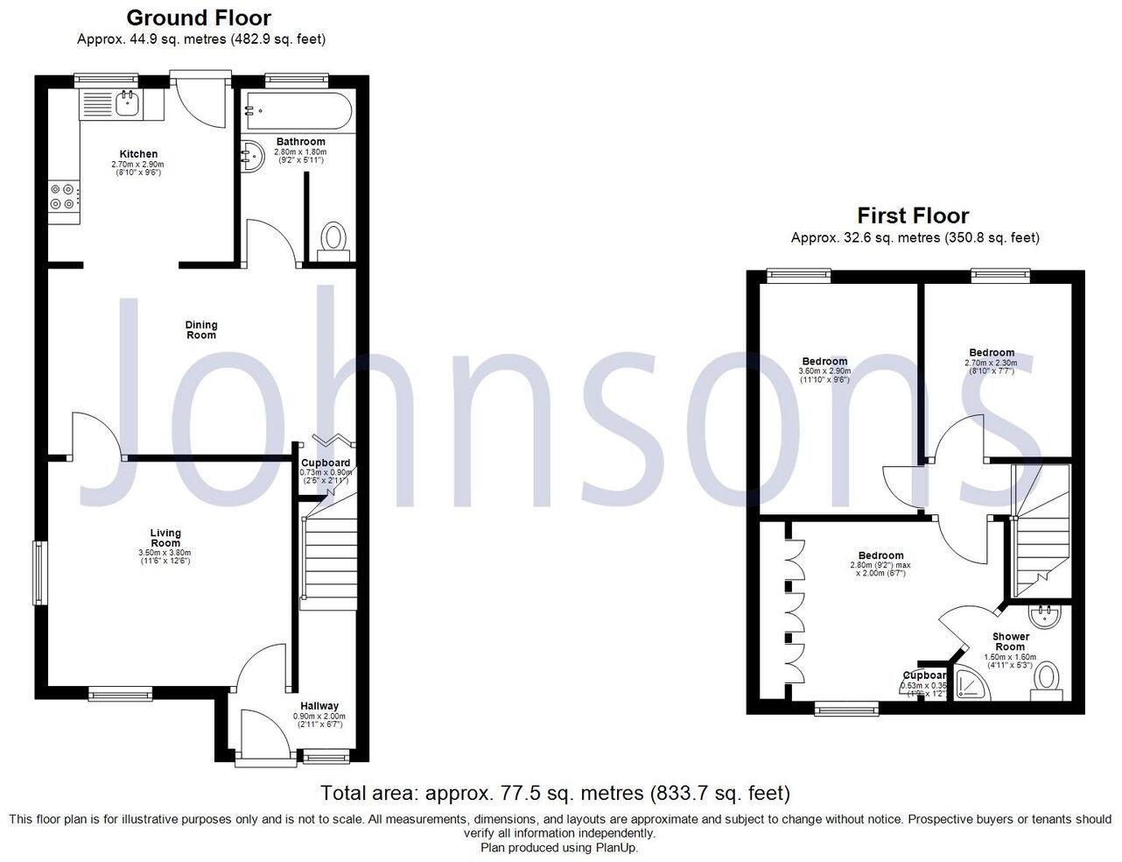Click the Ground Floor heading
click(199, 18)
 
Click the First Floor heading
click(913, 215)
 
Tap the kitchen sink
click(128, 103)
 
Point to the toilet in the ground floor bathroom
click(333, 238)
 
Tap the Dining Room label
click(201, 330)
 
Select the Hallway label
click(319, 706)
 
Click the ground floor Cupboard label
click(325, 463)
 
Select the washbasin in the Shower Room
click(1044, 616)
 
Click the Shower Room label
click(1011, 642)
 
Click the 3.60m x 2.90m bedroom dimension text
click(824, 371)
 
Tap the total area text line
click(555, 794)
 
